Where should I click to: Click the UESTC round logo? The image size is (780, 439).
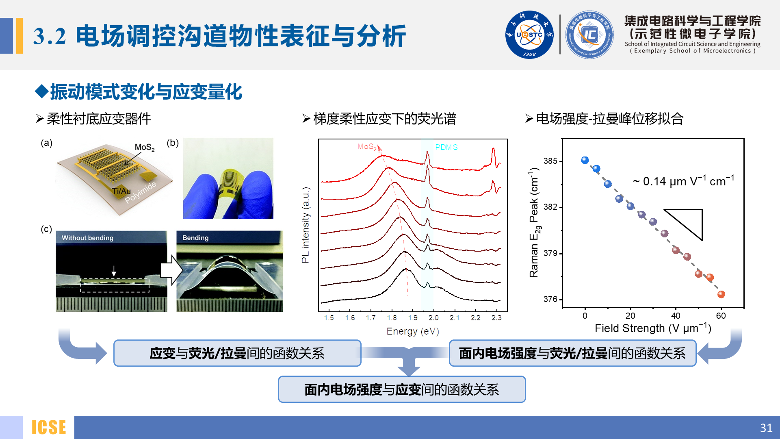tap(529, 35)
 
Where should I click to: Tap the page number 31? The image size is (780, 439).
tap(766, 428)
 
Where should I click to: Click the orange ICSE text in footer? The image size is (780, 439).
tap(49, 428)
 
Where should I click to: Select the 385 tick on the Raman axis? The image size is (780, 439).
tap(550, 161)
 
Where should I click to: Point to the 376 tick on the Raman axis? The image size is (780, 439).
tap(550, 299)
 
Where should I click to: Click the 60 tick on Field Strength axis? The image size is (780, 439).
tap(721, 316)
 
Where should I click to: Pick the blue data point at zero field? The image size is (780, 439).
tap(585, 160)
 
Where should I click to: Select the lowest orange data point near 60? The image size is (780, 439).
tap(721, 294)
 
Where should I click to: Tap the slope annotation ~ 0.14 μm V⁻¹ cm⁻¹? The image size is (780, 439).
tap(683, 181)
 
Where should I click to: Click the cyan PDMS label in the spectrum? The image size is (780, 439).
tap(446, 147)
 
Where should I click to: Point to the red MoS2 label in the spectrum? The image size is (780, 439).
tap(367, 147)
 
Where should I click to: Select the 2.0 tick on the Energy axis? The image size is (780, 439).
tap(433, 318)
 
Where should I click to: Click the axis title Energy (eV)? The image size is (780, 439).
tap(413, 331)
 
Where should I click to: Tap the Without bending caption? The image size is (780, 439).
tap(87, 238)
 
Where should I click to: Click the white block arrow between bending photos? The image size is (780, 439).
tap(171, 270)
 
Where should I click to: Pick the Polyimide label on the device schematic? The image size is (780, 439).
tap(140, 193)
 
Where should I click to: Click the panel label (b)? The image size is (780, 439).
tap(173, 143)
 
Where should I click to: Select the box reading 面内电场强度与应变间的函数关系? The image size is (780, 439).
tap(401, 389)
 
